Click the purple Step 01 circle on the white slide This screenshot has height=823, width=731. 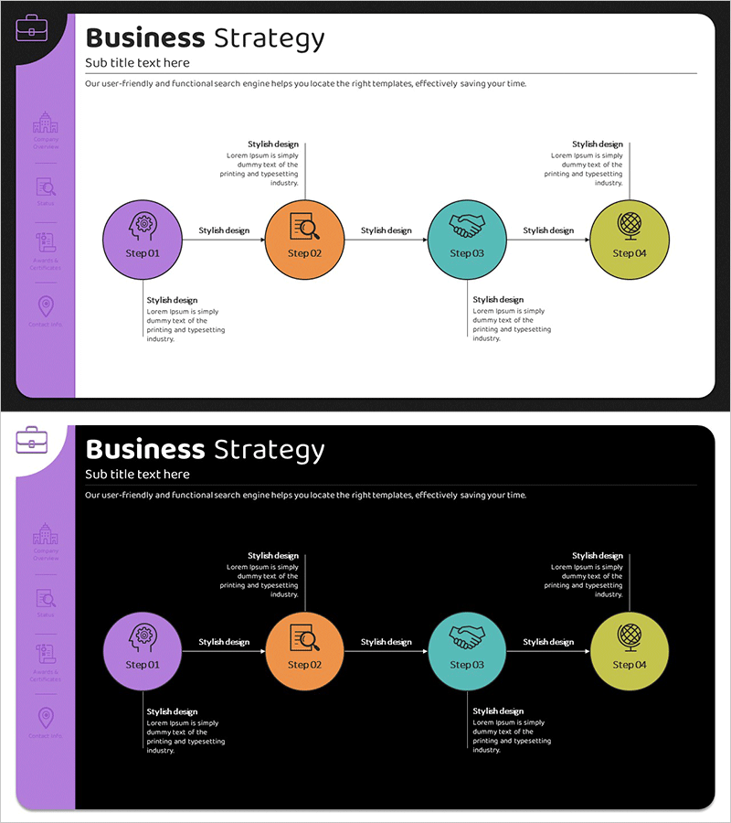click(x=142, y=240)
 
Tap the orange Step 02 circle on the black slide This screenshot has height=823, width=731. click(x=304, y=652)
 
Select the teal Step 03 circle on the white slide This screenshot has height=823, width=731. click(x=467, y=240)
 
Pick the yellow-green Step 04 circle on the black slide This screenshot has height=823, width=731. click(x=629, y=652)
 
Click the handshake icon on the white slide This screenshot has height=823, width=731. click(x=467, y=225)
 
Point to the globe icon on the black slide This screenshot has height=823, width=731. click(x=629, y=635)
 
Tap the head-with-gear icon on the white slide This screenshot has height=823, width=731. click(x=143, y=224)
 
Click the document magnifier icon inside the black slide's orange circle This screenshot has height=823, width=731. click(x=304, y=636)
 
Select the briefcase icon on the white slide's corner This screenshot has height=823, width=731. click(x=32, y=27)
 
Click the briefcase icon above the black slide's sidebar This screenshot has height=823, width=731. click(x=32, y=439)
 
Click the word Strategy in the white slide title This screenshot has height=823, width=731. click(x=269, y=38)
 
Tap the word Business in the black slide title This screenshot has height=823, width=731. click(x=144, y=450)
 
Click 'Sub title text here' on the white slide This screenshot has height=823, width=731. click(x=137, y=63)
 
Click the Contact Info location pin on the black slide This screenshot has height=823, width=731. click(x=46, y=718)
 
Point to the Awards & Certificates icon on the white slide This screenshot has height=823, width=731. click(x=46, y=243)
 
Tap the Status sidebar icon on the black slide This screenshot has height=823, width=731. click(x=46, y=599)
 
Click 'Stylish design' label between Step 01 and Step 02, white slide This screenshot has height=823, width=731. click(x=224, y=230)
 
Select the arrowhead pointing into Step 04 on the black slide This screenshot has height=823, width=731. click(x=587, y=652)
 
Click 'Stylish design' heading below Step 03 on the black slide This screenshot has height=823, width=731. click(x=498, y=711)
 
